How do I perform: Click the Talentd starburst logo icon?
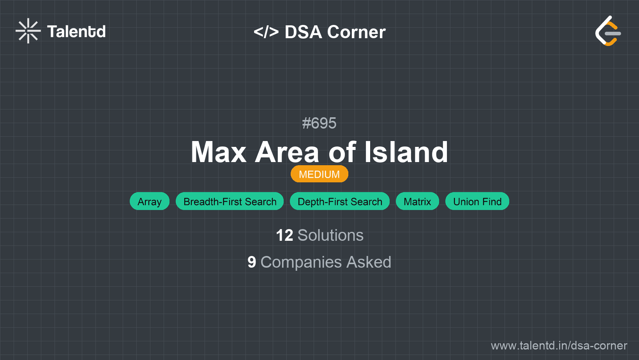28,31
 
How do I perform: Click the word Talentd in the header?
76,32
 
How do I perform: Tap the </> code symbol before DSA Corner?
266,32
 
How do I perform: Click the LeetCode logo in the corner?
608,31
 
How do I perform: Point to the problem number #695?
319,123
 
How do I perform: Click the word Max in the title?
219,152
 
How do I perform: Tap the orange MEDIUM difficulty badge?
319,174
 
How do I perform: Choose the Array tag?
150,201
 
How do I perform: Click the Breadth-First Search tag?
230,201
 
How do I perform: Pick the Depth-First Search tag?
340,201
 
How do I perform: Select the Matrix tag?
417,201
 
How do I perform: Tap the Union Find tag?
477,201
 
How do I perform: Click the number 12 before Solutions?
284,235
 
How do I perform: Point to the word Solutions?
330,235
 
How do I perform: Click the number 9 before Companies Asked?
252,262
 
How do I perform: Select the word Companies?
301,262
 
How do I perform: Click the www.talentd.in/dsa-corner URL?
559,346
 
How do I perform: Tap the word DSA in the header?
303,32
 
